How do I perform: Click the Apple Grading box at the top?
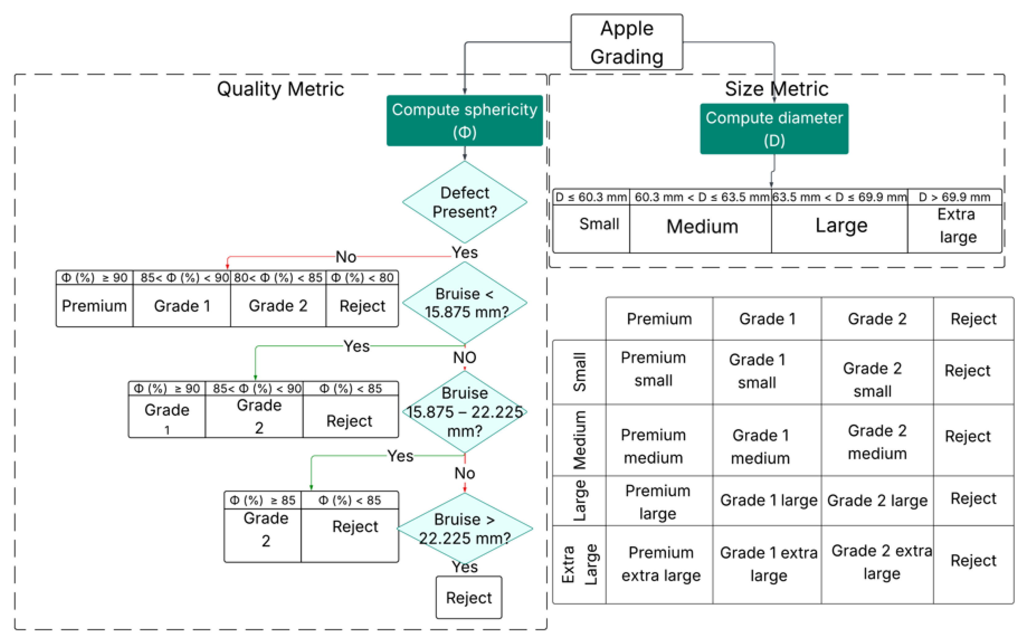[627, 42]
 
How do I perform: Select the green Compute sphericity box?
[465, 120]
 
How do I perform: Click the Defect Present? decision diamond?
[465, 202]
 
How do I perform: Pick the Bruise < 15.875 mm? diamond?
[465, 303]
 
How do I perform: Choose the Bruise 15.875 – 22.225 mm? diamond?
[465, 412]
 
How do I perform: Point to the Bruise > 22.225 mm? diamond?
[465, 528]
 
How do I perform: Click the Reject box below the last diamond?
[469, 597]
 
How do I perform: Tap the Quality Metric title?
[280, 89]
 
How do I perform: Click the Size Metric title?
[777, 89]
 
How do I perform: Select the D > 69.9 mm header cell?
[954, 197]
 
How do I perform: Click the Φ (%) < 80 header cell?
[362, 278]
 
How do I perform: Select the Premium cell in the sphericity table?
[95, 305]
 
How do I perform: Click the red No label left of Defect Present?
[346, 257]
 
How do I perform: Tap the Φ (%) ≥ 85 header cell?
[262, 500]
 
